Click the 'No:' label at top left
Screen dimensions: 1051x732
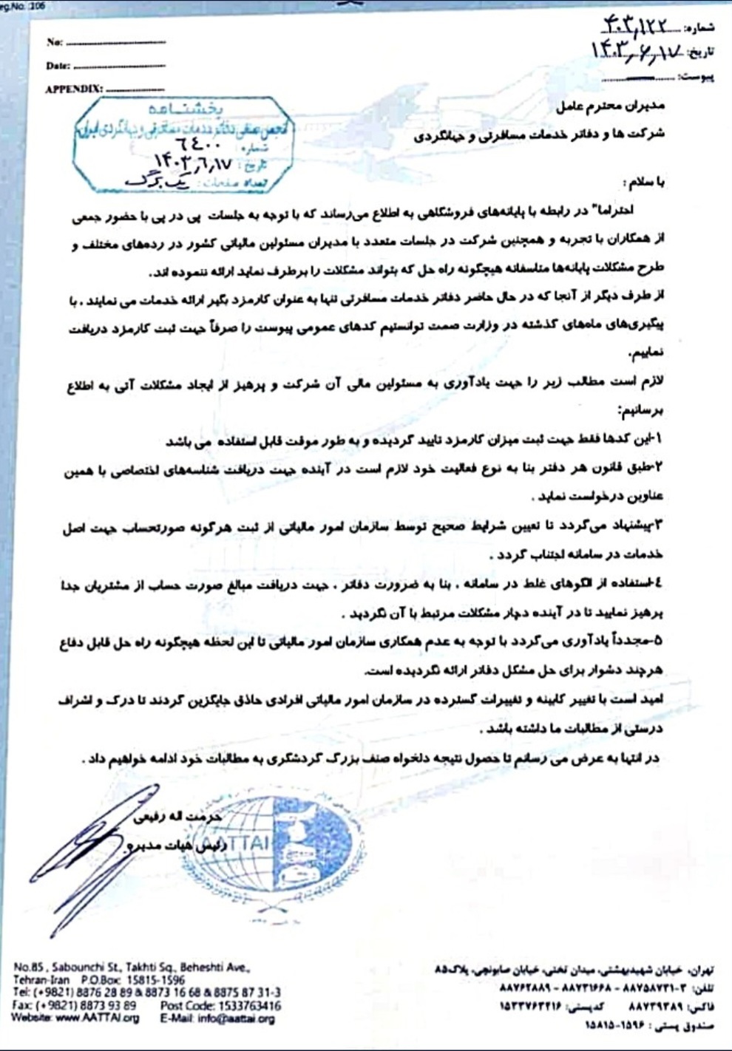pos(54,42)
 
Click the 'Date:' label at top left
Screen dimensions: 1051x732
pos(58,66)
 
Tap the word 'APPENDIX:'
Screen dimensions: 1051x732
pos(73,89)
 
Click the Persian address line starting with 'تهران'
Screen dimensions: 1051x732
pos(576,970)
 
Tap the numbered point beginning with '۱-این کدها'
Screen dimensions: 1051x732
pos(414,441)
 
